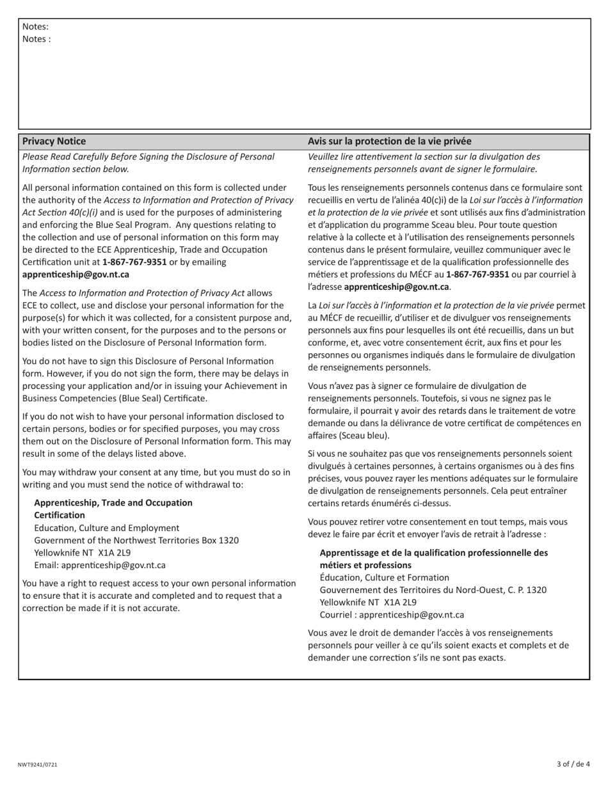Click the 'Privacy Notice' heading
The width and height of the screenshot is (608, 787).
point(54,141)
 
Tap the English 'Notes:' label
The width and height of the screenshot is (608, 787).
point(35,27)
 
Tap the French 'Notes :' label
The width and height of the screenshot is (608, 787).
point(36,39)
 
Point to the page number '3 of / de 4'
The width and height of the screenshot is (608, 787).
point(573,764)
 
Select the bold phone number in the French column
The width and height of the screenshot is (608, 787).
point(477,274)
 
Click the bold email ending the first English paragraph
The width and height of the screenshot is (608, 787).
point(76,274)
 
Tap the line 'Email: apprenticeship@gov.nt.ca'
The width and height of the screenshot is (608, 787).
point(100,566)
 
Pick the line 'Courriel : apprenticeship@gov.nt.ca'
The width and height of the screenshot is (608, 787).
point(392,615)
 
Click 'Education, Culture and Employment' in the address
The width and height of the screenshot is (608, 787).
point(107,528)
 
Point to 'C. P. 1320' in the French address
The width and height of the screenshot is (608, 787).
point(525,590)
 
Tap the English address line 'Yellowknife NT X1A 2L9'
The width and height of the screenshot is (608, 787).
point(83,553)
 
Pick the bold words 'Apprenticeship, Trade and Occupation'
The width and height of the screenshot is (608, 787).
point(113,503)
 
